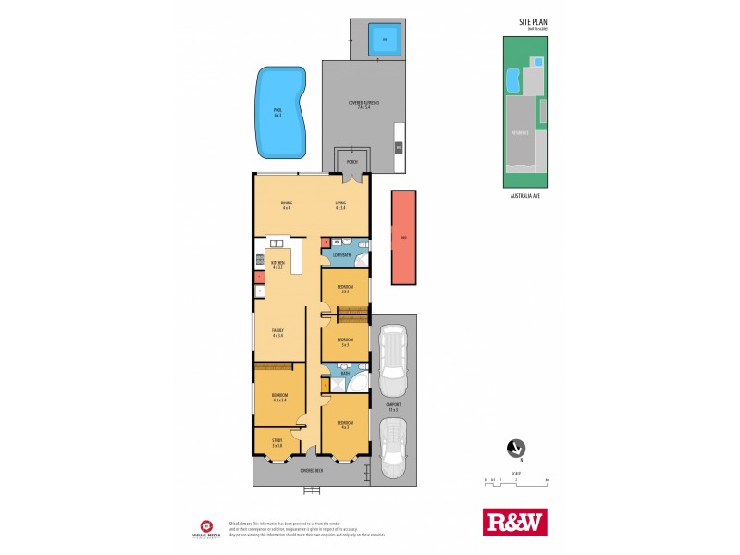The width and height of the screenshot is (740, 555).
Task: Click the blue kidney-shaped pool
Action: pyautogui.click(x=280, y=112)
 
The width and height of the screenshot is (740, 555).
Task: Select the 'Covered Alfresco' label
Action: pyautogui.click(x=359, y=104)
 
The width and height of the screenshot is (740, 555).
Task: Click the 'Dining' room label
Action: pyautogui.click(x=286, y=204)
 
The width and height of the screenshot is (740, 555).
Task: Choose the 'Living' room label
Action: pyautogui.click(x=340, y=204)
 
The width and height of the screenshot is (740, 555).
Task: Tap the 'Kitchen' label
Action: pyautogui.click(x=277, y=265)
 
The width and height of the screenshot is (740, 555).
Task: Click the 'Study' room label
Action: pyautogui.click(x=277, y=443)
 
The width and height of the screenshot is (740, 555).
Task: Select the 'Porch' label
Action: pyautogui.click(x=351, y=162)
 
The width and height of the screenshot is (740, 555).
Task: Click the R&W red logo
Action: pyautogui.click(x=515, y=523)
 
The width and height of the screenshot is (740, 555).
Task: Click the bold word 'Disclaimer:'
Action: pyautogui.click(x=241, y=520)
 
